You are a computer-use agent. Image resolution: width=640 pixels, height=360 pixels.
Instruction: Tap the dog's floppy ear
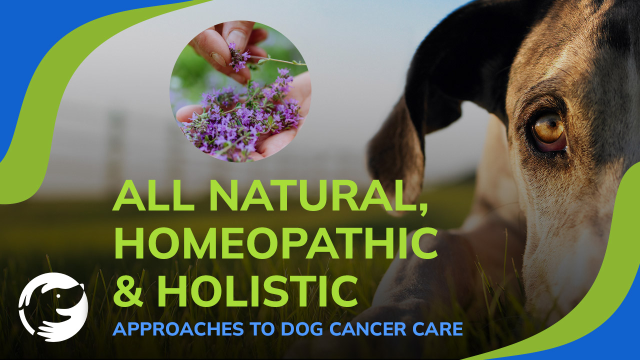(400, 148)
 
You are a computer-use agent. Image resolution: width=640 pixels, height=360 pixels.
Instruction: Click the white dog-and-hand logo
(53, 307)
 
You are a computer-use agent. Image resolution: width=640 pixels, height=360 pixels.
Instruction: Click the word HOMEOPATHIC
(275, 243)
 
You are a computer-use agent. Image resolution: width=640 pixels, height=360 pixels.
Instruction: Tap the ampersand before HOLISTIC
(127, 291)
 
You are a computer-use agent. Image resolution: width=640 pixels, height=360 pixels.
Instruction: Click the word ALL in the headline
(153, 195)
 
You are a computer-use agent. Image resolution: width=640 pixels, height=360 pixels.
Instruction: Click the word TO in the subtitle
(262, 329)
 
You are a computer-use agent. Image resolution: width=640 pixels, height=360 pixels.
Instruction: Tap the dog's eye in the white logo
(58, 296)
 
